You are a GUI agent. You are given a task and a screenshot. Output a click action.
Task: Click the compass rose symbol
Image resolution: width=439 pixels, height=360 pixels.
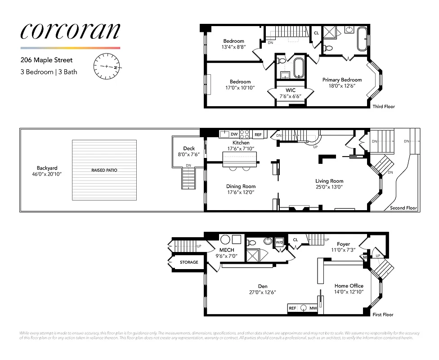click(107, 66)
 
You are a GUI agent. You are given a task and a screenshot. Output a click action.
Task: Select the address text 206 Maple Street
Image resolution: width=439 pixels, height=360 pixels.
click(46, 60)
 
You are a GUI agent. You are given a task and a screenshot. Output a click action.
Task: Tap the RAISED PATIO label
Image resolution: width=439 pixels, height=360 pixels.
click(104, 171)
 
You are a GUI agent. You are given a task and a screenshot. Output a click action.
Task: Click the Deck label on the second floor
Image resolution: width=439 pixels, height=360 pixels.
click(189, 148)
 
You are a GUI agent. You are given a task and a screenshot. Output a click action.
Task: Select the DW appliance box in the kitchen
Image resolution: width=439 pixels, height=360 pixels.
click(234, 134)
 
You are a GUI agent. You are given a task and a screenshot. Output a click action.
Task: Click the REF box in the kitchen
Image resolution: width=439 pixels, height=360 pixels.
click(258, 134)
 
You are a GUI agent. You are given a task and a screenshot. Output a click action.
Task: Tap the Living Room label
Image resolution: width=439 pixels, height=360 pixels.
click(329, 181)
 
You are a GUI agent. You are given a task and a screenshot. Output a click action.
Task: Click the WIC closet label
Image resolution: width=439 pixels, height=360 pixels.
click(290, 90)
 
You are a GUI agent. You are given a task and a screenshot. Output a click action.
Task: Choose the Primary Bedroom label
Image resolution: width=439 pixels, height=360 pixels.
click(342, 80)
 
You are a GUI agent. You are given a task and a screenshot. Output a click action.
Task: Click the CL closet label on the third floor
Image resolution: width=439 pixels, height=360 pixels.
click(316, 33)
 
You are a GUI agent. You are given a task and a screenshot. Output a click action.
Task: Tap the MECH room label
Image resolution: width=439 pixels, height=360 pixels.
click(227, 250)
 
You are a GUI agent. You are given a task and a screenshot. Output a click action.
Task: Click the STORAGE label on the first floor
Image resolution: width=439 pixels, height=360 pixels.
click(189, 262)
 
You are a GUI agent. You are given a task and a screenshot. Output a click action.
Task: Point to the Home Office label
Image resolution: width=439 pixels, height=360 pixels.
click(349, 286)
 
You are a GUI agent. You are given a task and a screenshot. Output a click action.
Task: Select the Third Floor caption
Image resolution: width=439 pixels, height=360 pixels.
click(383, 107)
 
